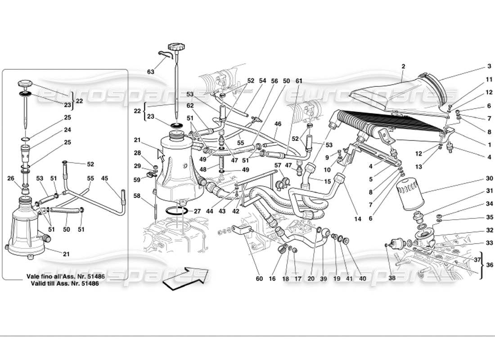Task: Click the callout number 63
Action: (150, 72)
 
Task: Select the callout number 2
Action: (403, 66)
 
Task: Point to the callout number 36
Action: (490, 265)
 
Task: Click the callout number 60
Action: (259, 279)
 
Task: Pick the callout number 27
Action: (197, 211)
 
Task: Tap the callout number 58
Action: (137, 197)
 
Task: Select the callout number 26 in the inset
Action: (12, 178)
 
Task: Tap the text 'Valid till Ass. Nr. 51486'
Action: (66, 284)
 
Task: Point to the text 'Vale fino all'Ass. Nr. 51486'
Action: (66, 277)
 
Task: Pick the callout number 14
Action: (357, 219)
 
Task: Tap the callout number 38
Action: (392, 279)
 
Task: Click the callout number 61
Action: (298, 81)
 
